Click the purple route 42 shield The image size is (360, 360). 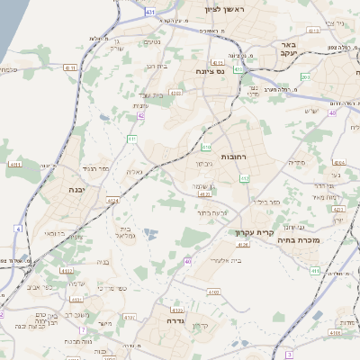141,115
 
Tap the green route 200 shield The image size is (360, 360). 305,77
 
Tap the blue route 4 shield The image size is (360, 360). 18,229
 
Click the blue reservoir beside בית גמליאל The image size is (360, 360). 148,234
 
